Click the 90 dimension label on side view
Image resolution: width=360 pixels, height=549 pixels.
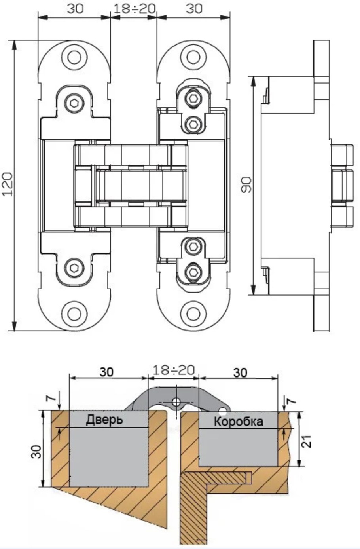(246, 184)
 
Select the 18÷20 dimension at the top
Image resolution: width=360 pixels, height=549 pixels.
(134, 9)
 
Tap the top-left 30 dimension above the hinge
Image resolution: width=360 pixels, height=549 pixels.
(75, 9)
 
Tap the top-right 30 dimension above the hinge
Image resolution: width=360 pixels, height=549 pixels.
(194, 9)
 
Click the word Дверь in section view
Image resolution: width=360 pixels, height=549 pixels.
(104, 420)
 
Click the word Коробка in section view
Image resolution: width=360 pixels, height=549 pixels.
(238, 421)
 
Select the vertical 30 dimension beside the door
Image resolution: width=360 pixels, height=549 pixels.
(36, 451)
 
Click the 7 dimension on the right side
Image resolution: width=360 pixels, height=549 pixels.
(291, 401)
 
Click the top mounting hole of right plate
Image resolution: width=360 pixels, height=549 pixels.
(193, 57)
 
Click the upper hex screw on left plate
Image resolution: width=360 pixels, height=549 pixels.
(74, 104)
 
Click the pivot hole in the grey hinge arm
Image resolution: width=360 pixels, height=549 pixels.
(176, 402)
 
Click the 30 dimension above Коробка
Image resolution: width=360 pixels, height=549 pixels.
(240, 372)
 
